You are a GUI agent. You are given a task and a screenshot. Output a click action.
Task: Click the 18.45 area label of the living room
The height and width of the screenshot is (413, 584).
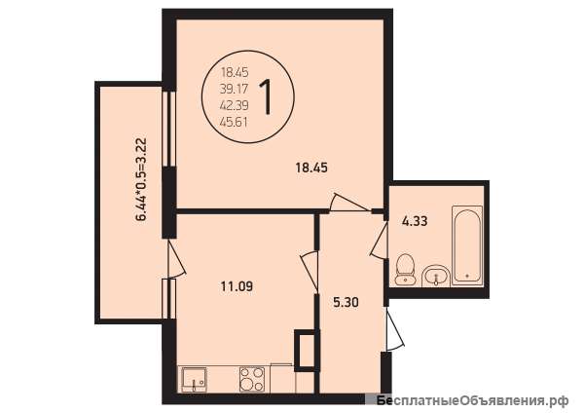pyautogui.click(x=311, y=168)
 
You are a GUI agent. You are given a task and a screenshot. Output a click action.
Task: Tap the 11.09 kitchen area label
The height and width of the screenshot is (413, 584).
pyautogui.click(x=237, y=286)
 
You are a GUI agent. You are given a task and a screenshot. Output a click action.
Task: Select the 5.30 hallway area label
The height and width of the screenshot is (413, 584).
pyautogui.click(x=346, y=302)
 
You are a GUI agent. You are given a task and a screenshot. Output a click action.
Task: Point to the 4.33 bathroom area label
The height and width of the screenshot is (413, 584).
pyautogui.click(x=415, y=221)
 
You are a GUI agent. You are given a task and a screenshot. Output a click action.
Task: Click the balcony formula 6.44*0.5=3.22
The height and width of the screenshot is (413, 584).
pyautogui.click(x=141, y=180)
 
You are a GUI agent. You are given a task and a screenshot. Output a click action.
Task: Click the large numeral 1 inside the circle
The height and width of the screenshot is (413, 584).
pyautogui.click(x=267, y=96)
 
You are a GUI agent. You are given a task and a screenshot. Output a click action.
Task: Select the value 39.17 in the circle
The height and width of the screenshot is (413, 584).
pyautogui.click(x=235, y=89)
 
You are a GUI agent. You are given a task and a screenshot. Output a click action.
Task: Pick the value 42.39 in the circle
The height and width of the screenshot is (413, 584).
pyautogui.click(x=235, y=105)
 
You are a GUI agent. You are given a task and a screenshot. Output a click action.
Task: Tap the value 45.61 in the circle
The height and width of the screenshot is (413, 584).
pyautogui.click(x=235, y=123)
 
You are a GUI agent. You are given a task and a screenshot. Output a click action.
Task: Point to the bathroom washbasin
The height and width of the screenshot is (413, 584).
pyautogui.click(x=436, y=277)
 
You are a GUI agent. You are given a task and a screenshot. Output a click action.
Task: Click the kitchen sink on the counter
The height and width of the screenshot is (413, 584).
pyautogui.click(x=194, y=379)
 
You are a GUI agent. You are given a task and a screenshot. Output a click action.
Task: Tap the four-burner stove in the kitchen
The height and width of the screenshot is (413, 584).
pyautogui.click(x=252, y=379)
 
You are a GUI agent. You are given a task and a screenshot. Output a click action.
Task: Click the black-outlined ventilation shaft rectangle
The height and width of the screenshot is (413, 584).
pyautogui.click(x=308, y=351)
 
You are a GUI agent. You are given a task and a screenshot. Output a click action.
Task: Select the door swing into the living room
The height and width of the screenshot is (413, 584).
pyautogui.click(x=350, y=204)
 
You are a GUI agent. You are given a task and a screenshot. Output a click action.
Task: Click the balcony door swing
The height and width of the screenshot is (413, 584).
pyautogui.click(x=175, y=259)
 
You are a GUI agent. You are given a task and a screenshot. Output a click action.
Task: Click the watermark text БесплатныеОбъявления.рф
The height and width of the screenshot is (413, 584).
pyautogui.click(x=472, y=400)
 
